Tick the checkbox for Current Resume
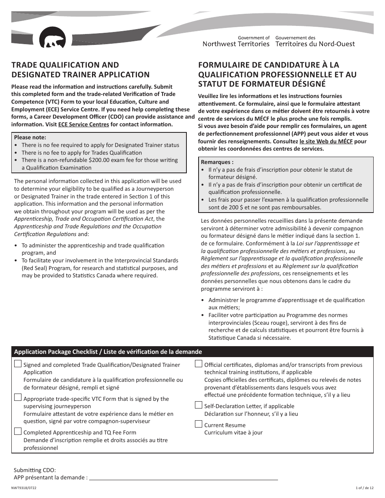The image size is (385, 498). tap(199, 424)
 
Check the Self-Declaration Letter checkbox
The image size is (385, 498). tap(199, 405)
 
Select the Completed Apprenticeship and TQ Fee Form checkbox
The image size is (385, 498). tap(18, 432)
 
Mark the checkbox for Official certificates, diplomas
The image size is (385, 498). tap(199, 364)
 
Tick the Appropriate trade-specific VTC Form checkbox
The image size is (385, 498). tap(18, 398)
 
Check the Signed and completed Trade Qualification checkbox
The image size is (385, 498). tap(18, 364)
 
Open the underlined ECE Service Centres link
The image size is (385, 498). tap(83, 125)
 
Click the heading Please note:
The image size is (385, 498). tap(30, 137)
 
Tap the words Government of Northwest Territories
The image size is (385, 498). tap(236, 41)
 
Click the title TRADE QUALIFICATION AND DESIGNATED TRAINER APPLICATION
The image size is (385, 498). tap(80, 70)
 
